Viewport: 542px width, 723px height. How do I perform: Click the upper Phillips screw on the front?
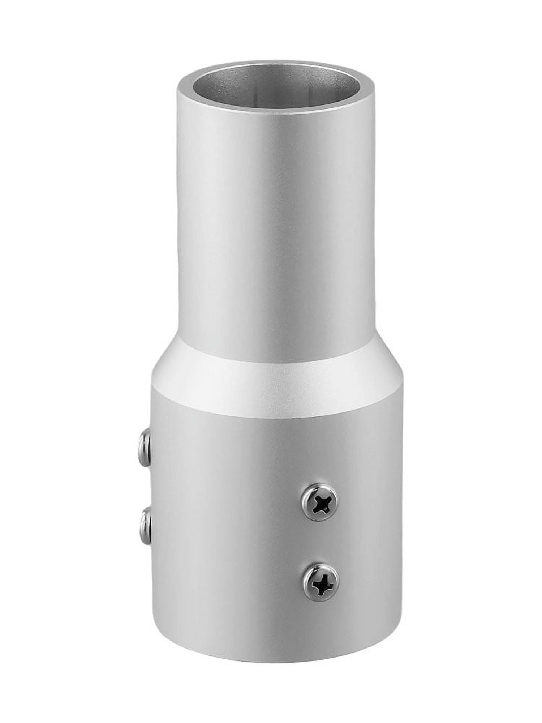(320, 501)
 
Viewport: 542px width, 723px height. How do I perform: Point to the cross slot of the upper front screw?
(320, 502)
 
